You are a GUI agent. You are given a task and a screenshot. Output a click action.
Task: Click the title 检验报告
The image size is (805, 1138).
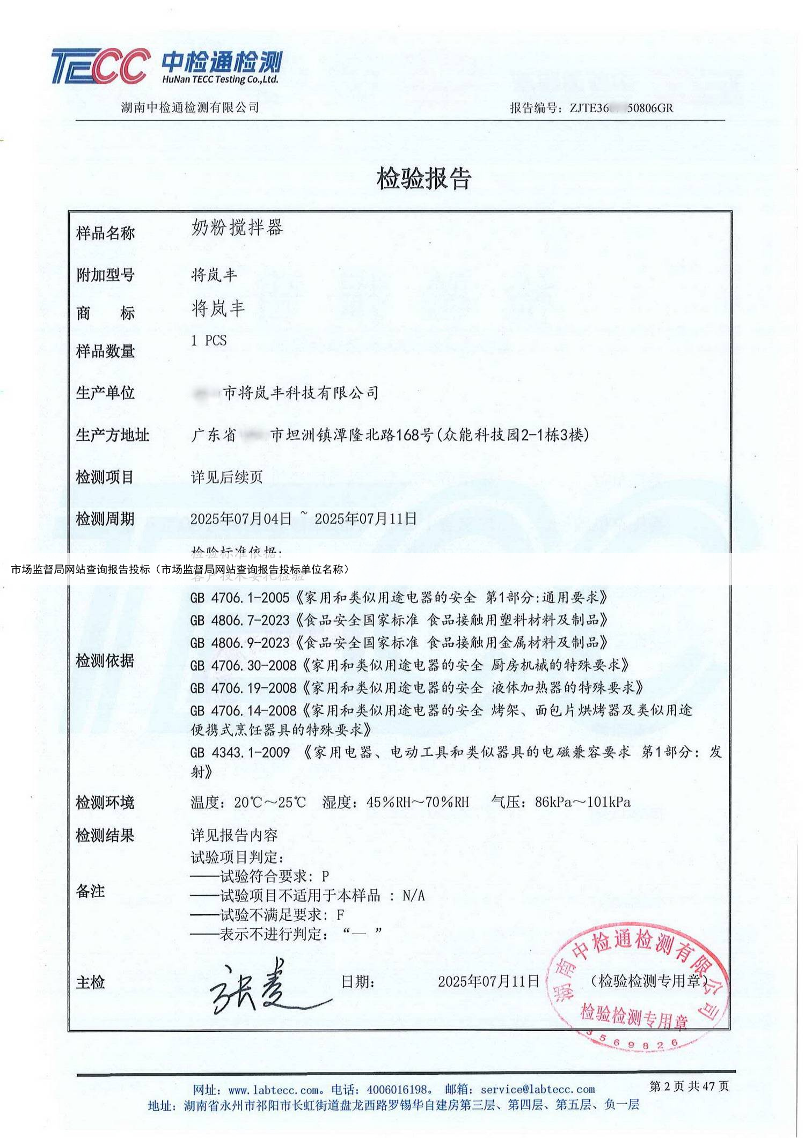(423, 179)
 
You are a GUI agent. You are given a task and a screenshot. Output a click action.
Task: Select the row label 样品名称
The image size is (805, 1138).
(105, 233)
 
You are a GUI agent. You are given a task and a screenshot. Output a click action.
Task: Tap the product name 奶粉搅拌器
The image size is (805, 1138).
(237, 228)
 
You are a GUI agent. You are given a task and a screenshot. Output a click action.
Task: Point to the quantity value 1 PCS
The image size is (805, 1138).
(209, 341)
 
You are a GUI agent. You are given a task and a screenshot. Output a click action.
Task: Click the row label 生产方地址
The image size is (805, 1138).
(112, 435)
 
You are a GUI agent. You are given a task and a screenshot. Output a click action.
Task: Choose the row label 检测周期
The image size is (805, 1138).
(105, 519)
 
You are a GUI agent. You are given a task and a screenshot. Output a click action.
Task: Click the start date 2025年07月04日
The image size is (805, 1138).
(241, 519)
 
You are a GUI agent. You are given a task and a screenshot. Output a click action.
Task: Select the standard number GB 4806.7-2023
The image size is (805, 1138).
(239, 620)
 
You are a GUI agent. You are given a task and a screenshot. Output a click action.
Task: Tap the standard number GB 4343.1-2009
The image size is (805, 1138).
(239, 752)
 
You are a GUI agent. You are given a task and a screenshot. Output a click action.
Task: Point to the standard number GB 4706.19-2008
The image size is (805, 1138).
(243, 688)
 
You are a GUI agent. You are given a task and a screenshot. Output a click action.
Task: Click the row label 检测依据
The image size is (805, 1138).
(105, 660)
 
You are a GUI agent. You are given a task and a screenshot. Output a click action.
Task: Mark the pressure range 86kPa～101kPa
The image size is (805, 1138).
(582, 802)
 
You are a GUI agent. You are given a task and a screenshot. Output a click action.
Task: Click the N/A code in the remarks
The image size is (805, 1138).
(414, 895)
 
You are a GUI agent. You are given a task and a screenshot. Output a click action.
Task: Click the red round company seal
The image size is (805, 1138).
(638, 985)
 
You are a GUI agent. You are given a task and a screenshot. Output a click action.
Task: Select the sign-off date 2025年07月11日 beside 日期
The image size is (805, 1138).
(488, 981)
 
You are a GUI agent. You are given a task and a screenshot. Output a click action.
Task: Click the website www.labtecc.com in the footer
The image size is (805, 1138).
(273, 1089)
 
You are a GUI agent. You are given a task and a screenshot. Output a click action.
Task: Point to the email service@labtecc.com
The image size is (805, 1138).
(538, 1089)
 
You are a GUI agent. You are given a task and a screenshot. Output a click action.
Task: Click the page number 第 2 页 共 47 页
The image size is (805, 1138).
(689, 1086)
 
